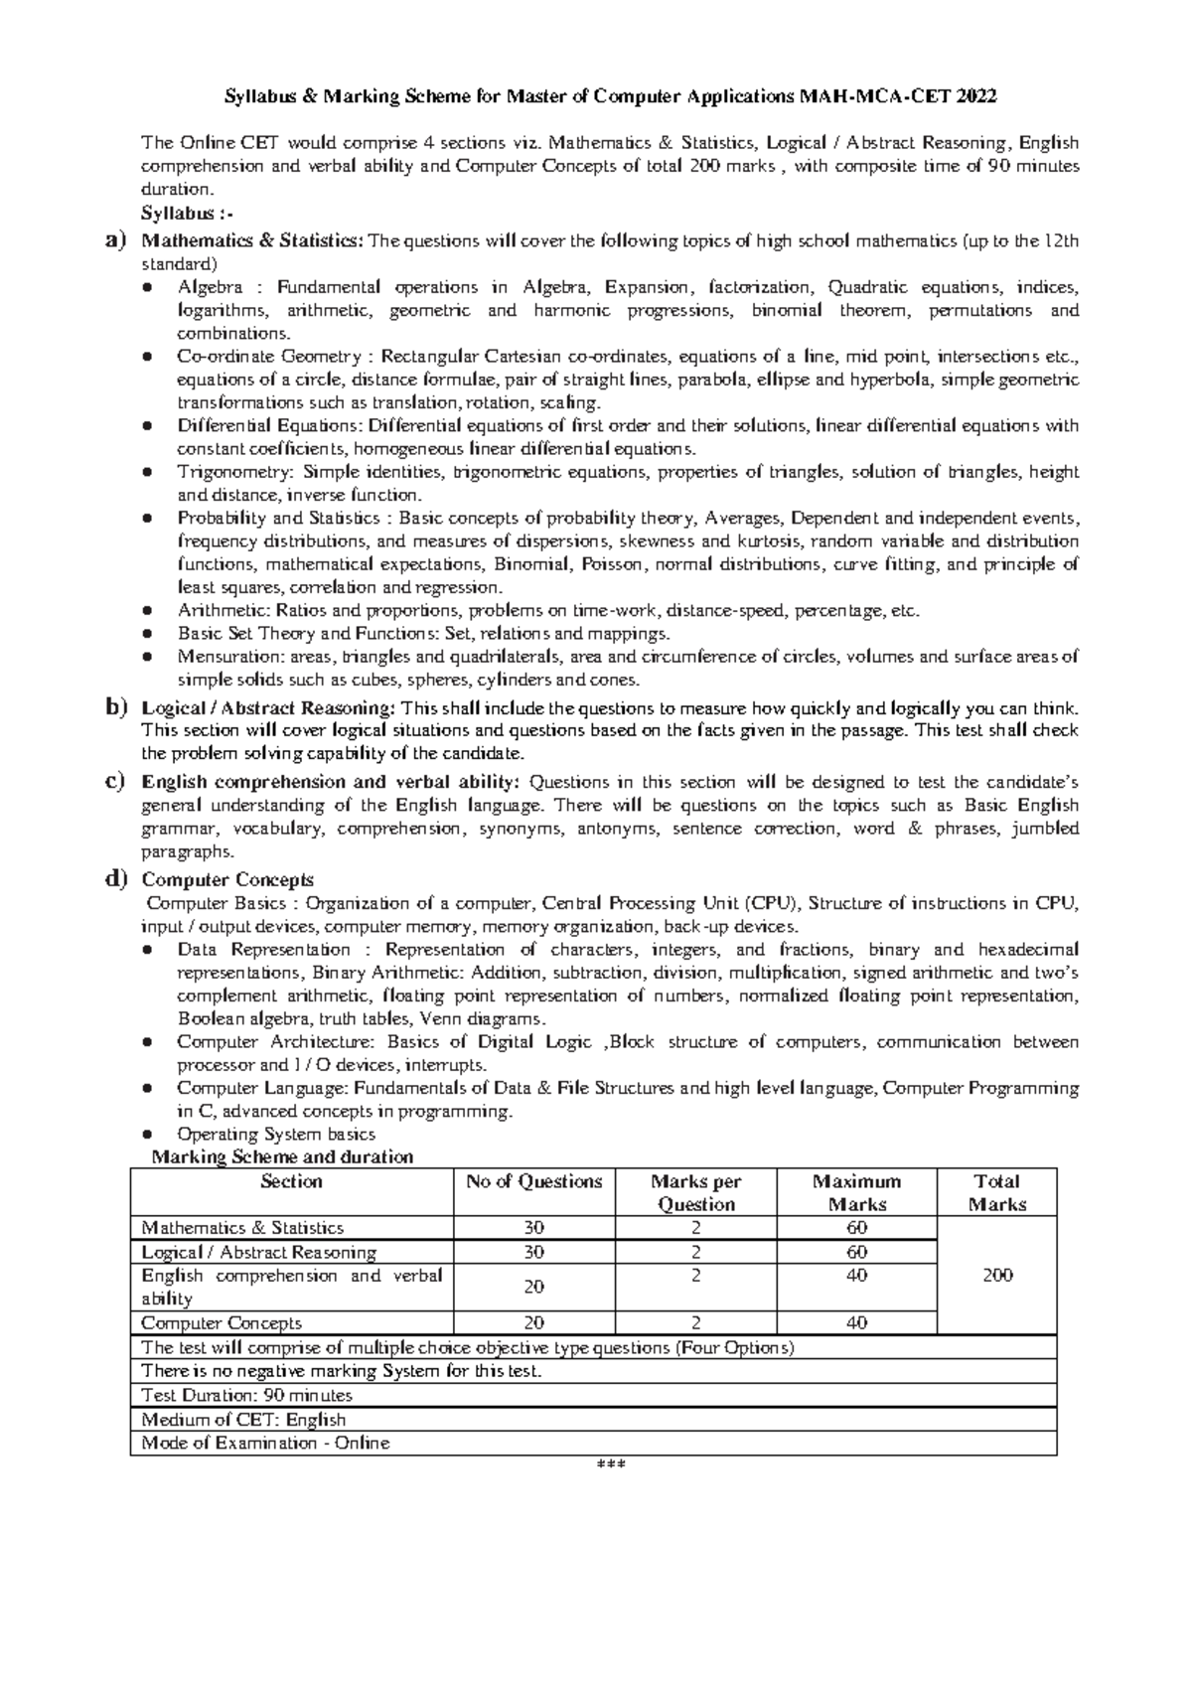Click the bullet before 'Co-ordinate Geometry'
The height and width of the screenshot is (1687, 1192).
(x=147, y=357)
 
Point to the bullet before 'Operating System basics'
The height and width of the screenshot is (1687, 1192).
(x=147, y=1135)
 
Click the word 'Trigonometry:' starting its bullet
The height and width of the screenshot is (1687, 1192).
(x=235, y=472)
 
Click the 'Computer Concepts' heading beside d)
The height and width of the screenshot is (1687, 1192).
(x=227, y=880)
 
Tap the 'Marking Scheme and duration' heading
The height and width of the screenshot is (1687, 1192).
(x=281, y=1156)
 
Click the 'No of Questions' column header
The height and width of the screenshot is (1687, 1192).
(x=533, y=1181)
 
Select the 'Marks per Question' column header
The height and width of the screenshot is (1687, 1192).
(x=695, y=1192)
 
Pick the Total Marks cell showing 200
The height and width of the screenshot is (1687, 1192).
(x=996, y=1276)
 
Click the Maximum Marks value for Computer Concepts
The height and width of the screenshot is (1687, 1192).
(x=856, y=1322)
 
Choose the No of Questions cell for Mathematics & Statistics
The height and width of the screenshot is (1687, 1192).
(x=533, y=1228)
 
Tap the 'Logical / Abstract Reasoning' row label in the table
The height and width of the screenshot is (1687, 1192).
(x=259, y=1252)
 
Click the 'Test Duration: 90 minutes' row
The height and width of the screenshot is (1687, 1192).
(x=246, y=1396)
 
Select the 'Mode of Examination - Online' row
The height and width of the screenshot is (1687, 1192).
(x=265, y=1443)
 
